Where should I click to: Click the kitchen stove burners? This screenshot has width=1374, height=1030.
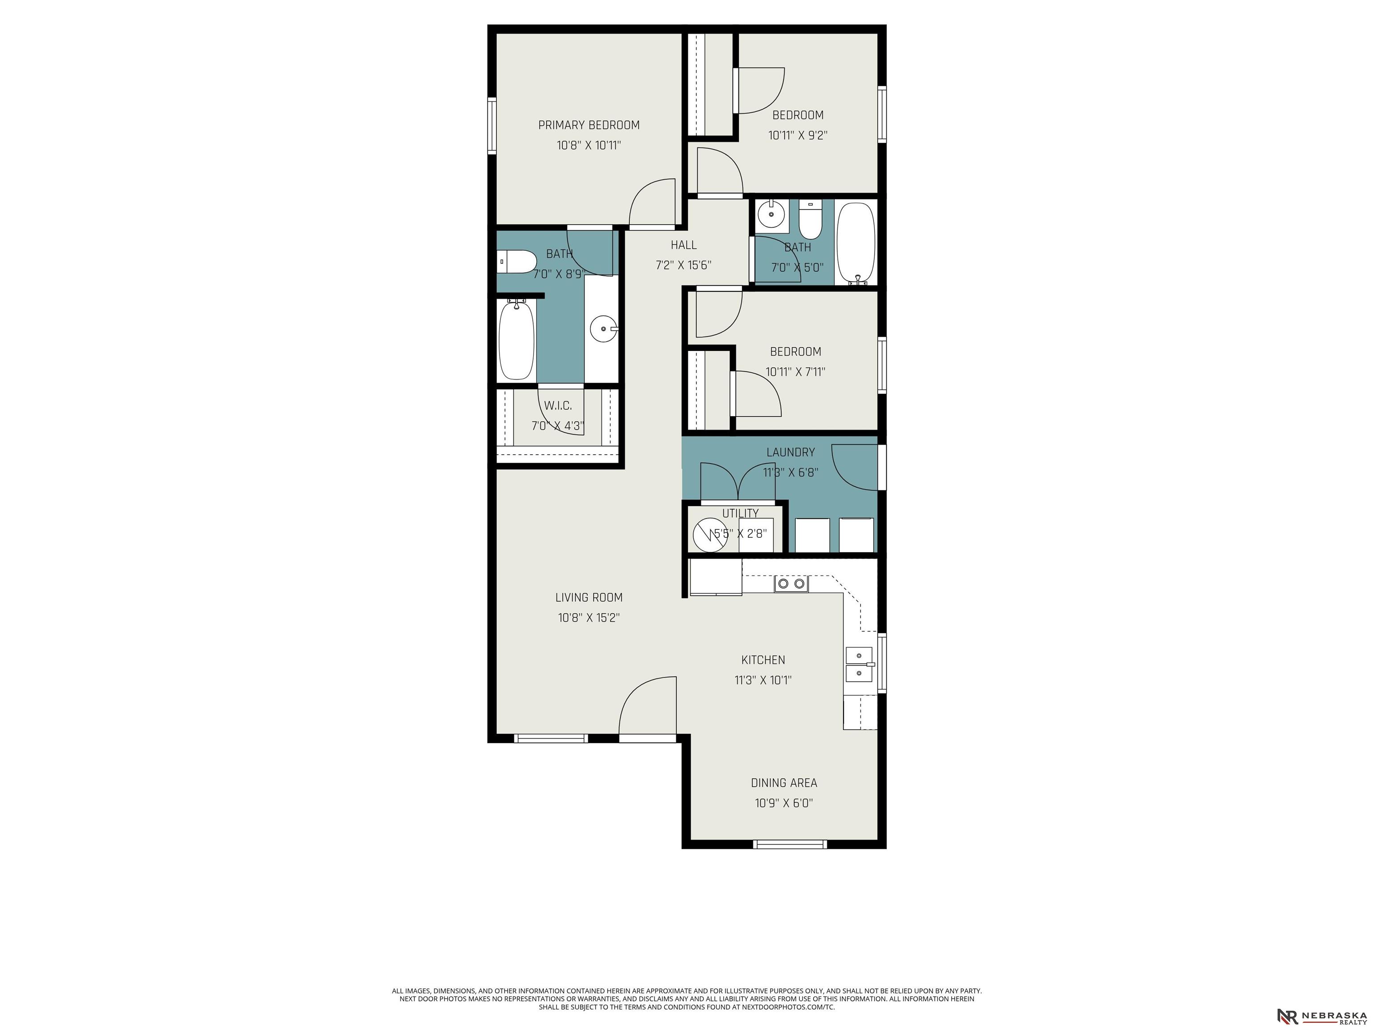(x=791, y=583)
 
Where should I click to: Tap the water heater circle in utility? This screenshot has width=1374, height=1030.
(x=710, y=535)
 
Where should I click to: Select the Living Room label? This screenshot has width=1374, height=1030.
(x=589, y=597)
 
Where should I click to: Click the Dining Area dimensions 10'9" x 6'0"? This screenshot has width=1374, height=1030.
(x=784, y=803)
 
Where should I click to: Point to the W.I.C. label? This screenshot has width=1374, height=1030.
(x=558, y=405)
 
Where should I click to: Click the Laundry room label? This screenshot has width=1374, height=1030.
(x=790, y=452)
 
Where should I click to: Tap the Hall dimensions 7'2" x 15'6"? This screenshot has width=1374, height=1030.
(x=683, y=265)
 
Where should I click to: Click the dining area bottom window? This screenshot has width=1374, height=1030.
(x=790, y=844)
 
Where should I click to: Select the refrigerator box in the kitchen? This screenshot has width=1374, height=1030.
(x=716, y=578)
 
